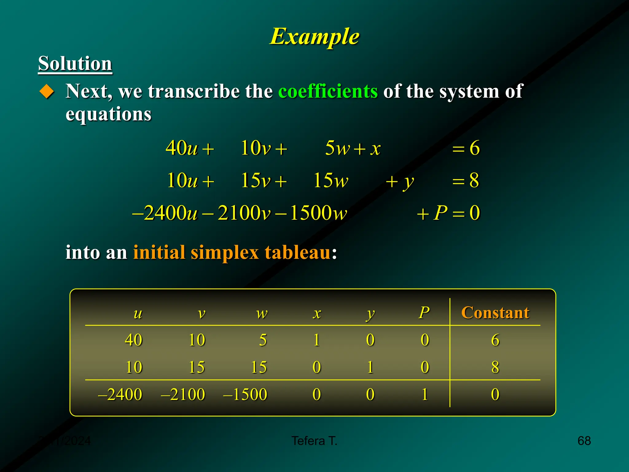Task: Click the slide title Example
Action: click(x=314, y=37)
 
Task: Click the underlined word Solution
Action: click(x=75, y=64)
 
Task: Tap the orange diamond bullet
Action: click(x=47, y=91)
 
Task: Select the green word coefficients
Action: click(x=328, y=91)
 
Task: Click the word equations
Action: click(x=108, y=114)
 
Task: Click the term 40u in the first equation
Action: click(x=181, y=148)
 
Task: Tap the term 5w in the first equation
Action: click(x=337, y=148)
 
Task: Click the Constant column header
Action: click(x=495, y=313)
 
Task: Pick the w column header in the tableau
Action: click(x=262, y=313)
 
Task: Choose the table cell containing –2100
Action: click(x=183, y=394)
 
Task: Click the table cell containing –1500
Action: click(x=245, y=394)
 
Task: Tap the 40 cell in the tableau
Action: click(x=133, y=340)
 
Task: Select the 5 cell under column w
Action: click(x=263, y=340)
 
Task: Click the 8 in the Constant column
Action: click(x=495, y=367)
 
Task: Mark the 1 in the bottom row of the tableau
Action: click(x=425, y=394)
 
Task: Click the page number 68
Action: click(x=584, y=441)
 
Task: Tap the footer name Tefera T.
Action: click(x=314, y=441)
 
